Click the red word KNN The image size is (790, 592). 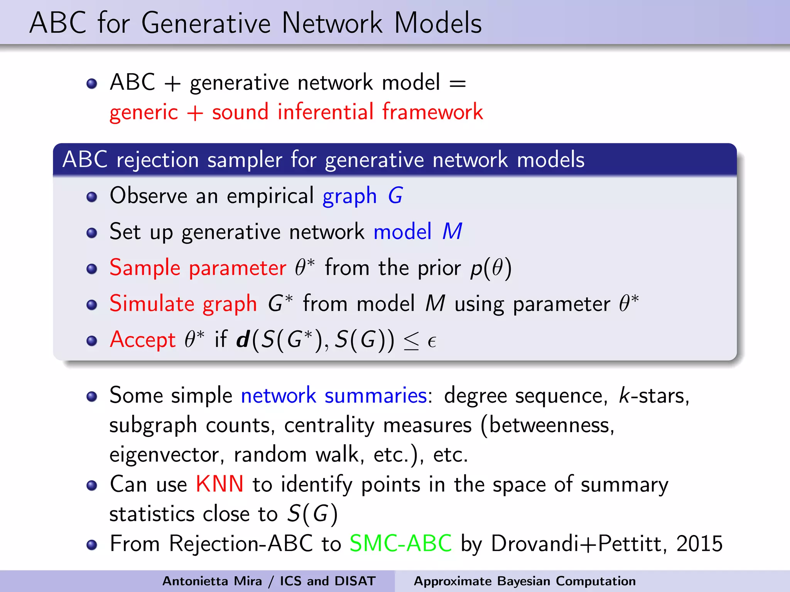tap(219, 484)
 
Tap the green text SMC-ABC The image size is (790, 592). tap(400, 543)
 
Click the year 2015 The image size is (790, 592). tap(699, 543)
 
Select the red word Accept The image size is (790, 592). tap(143, 340)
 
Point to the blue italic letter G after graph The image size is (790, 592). tap(395, 196)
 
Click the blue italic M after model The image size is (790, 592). tap(452, 232)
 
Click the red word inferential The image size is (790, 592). tap(326, 112)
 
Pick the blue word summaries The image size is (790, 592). tap(375, 395)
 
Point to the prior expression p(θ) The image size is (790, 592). tap(491, 268)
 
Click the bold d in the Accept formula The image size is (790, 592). tap(243, 340)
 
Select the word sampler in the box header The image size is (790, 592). tap(244, 160)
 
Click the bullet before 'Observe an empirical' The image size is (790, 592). tap(91, 197)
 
